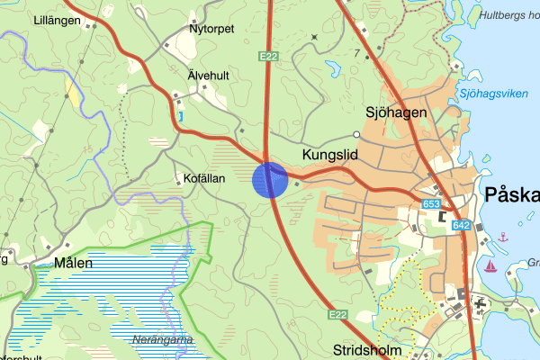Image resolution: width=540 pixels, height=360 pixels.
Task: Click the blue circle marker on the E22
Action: point(269,179)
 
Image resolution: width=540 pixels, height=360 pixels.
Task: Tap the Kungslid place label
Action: point(330,156)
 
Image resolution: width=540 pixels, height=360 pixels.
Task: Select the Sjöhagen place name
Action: point(395,112)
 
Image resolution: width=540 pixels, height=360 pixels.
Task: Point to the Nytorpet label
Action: point(211,29)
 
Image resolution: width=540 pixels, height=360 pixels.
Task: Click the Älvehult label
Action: point(210,76)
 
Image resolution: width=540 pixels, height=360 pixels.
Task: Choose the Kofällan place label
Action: point(208,178)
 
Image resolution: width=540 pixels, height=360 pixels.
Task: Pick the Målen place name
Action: point(74,263)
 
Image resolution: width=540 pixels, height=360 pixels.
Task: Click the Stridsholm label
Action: point(365,349)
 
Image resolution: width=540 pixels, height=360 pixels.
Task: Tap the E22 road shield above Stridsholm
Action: point(337,314)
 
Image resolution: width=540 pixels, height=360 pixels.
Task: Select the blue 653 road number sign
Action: point(431,205)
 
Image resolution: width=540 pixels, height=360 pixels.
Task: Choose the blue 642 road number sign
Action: point(462,225)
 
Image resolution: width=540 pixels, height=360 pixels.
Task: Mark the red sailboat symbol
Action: point(490,265)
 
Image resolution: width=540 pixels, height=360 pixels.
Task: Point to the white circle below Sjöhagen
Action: point(356,135)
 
